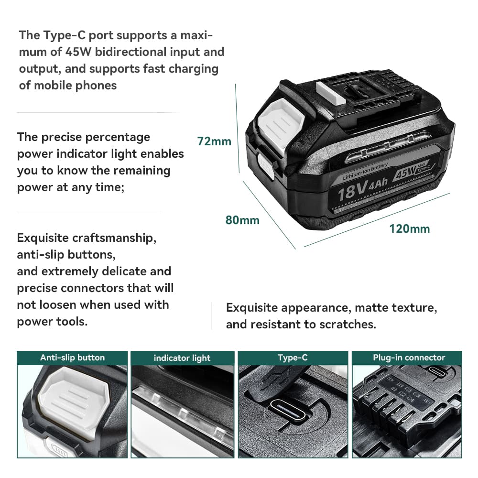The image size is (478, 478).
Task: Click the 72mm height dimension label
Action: [x=214, y=141]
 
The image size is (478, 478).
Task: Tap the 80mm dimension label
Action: [x=242, y=220]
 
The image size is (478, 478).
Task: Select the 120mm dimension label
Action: [x=410, y=228]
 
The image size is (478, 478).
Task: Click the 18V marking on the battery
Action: [x=352, y=190]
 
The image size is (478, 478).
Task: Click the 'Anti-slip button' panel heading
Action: [x=72, y=357]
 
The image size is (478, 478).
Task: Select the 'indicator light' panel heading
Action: [x=182, y=358]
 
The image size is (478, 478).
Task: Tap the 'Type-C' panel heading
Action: [x=293, y=358]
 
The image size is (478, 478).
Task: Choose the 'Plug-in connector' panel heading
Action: [x=409, y=358]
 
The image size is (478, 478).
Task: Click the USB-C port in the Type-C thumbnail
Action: [x=287, y=410]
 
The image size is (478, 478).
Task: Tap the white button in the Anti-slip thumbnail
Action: [x=73, y=396]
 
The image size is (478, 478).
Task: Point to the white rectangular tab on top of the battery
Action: [x=330, y=92]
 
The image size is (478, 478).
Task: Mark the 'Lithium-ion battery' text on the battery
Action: [x=365, y=171]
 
